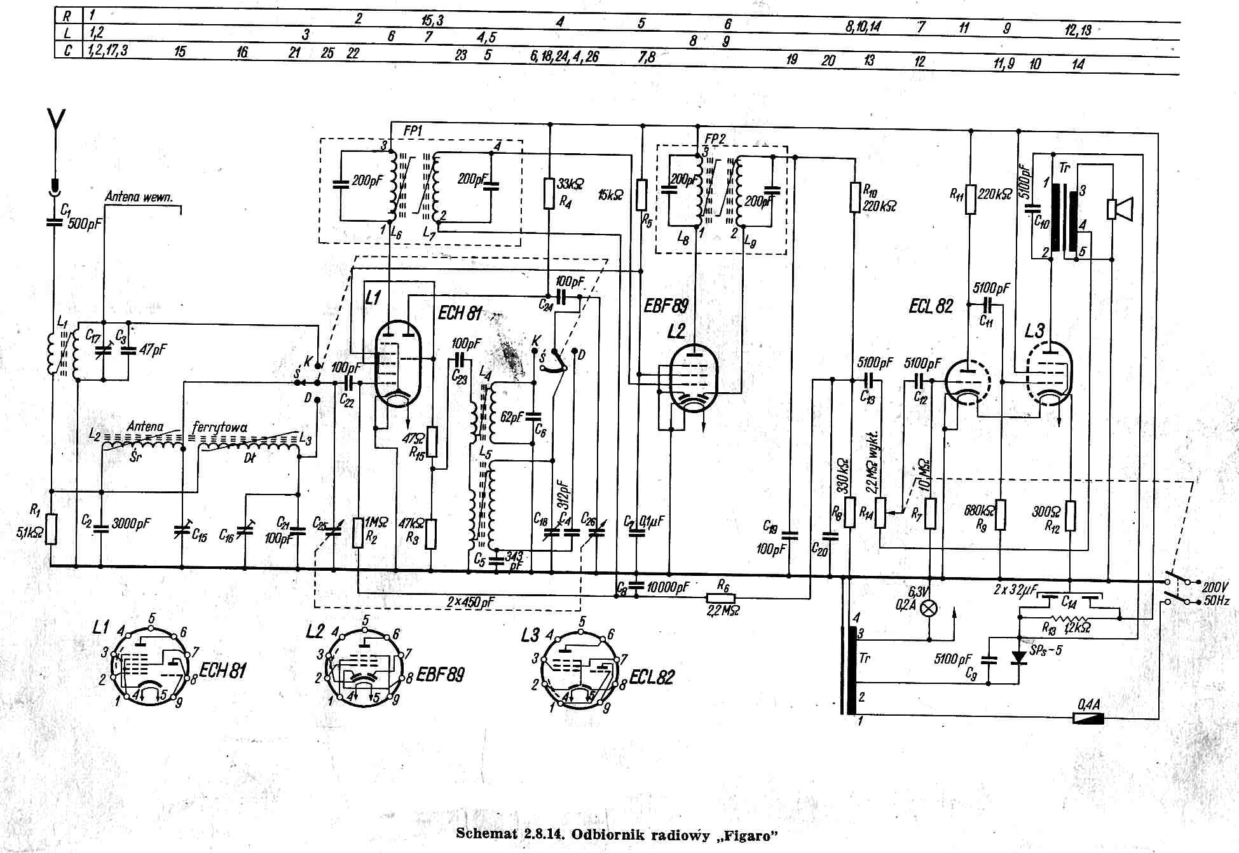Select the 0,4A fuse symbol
click(1088, 718)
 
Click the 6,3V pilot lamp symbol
click(929, 608)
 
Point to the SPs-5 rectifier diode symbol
click(1018, 656)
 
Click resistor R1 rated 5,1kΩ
click(51, 529)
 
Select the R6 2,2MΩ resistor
click(720, 597)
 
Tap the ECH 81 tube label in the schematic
click(459, 313)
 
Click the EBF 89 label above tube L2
click(666, 306)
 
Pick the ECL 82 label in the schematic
click(931, 306)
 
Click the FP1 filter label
click(413, 130)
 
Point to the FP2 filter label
click(715, 139)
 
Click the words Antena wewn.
click(139, 197)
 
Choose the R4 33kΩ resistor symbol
click(550, 193)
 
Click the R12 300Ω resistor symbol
click(1071, 515)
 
